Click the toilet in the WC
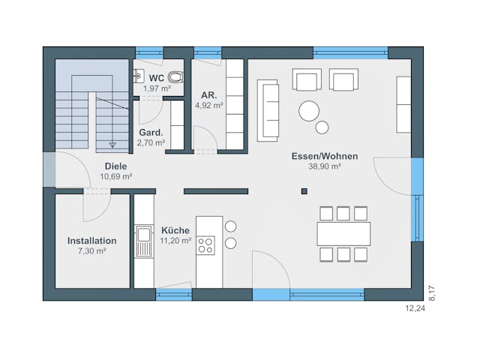pyautogui.click(x=176, y=76)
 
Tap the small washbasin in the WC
pyautogui.click(x=139, y=76)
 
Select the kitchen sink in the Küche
pyautogui.click(x=143, y=241)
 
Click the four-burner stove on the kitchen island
pyautogui.click(x=205, y=245)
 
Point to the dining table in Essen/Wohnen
pyautogui.click(x=343, y=234)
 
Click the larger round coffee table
pyautogui.click(x=309, y=111)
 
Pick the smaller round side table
pyautogui.click(x=322, y=127)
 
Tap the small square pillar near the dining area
pyautogui.click(x=304, y=191)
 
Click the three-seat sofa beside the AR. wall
pyautogui.click(x=268, y=110)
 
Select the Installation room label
pyautogui.click(x=91, y=241)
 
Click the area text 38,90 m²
pyautogui.click(x=325, y=166)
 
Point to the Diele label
pyautogui.click(x=115, y=166)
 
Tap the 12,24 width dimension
pyautogui.click(x=415, y=308)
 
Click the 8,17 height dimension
pyautogui.click(x=432, y=293)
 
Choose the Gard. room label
pyautogui.click(x=151, y=133)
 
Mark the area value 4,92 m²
pyautogui.click(x=209, y=106)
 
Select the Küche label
pyautogui.click(x=175, y=230)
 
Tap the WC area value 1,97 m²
pyautogui.click(x=157, y=88)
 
